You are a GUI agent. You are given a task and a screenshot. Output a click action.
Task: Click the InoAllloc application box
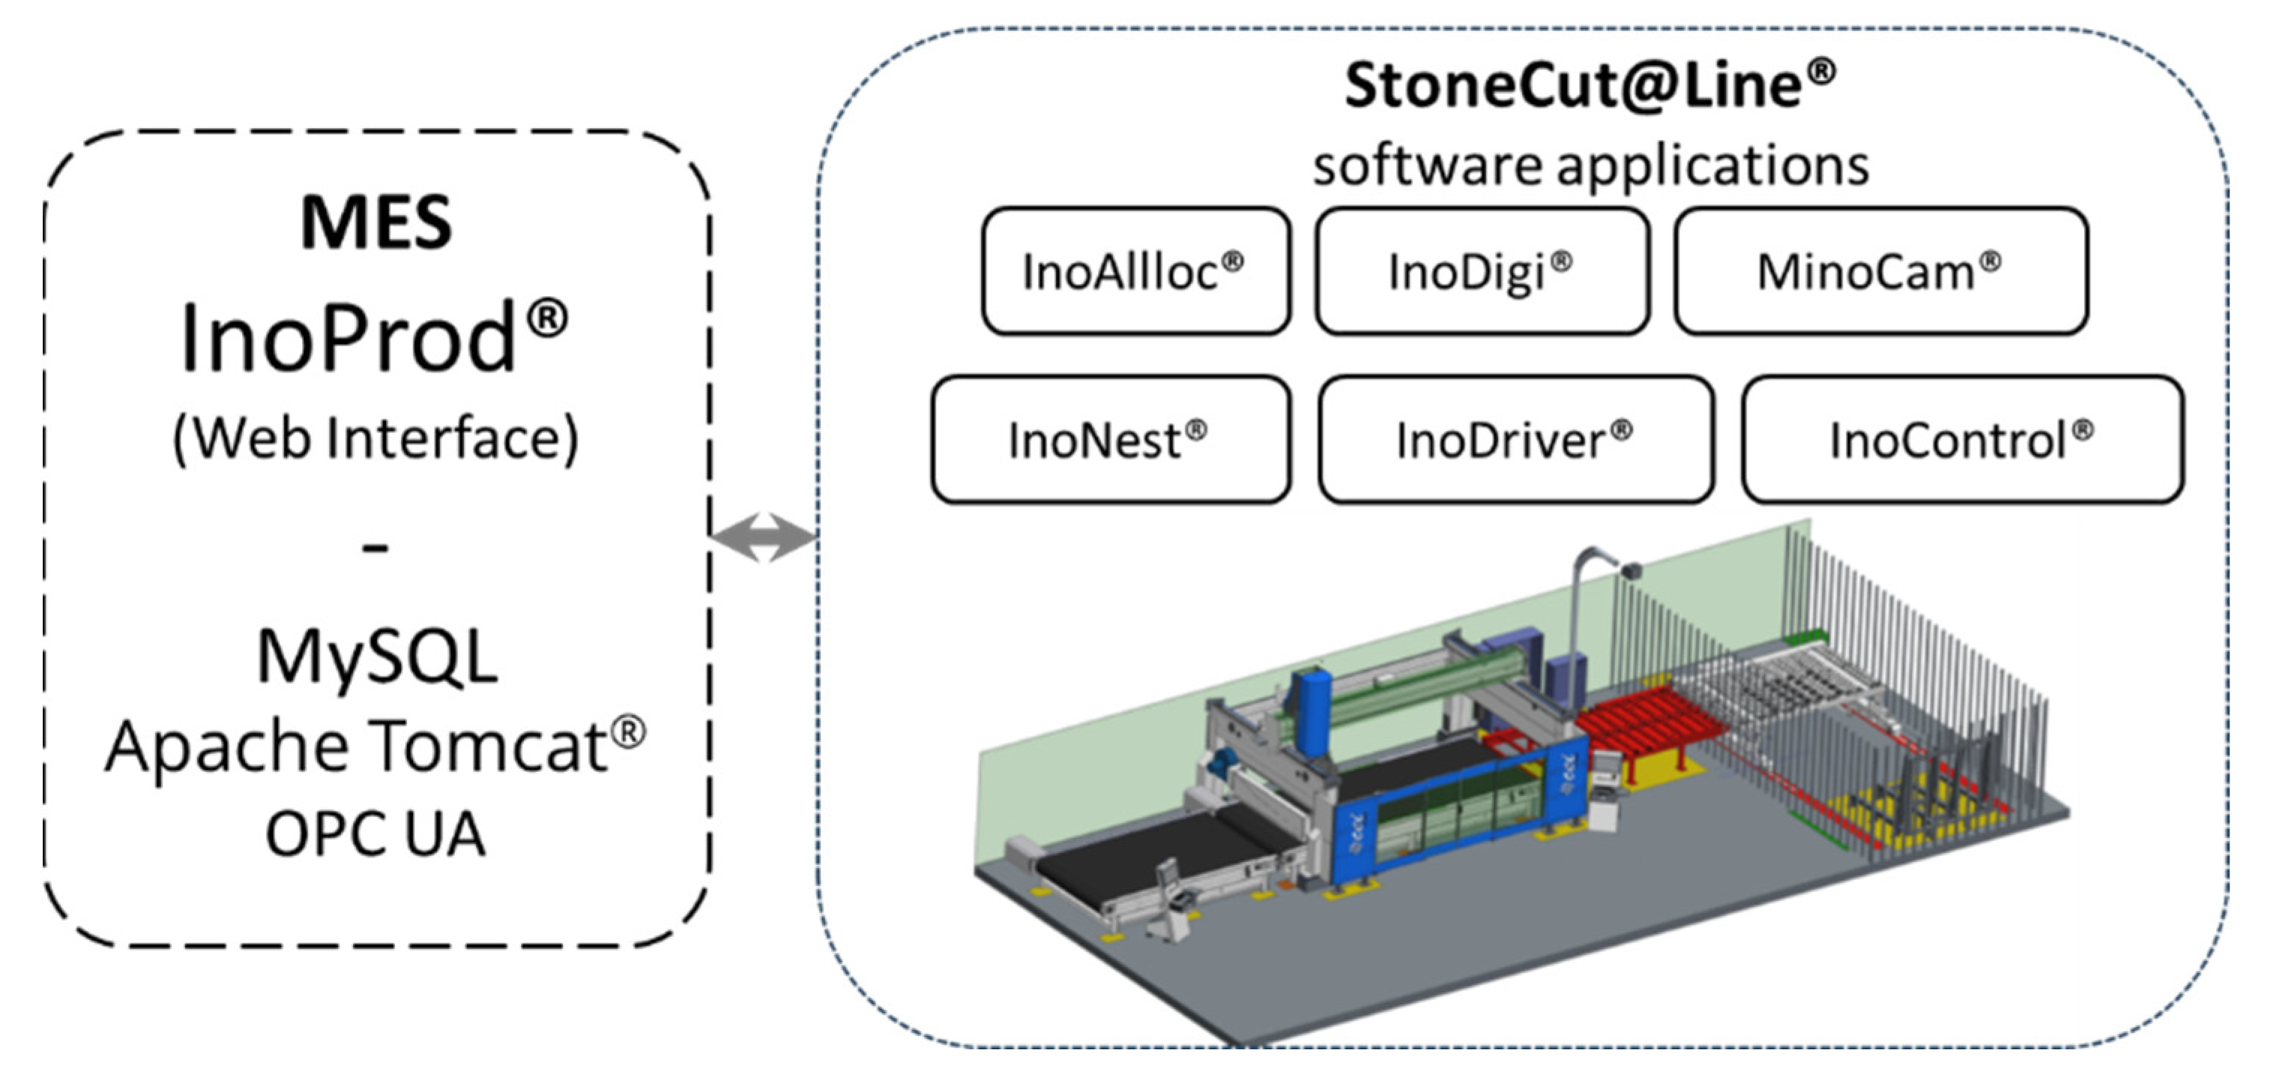1135,271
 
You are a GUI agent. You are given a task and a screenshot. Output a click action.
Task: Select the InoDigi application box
1482,271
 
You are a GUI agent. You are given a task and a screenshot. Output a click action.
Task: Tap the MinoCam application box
1880,271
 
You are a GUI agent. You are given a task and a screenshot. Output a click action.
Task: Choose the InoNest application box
1110,439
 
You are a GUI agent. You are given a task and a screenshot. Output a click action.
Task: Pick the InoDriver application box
1515,439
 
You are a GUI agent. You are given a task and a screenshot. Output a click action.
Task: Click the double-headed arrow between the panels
763,537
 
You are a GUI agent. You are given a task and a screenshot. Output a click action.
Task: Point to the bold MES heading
376,223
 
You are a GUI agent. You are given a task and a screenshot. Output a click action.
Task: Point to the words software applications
1590,165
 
